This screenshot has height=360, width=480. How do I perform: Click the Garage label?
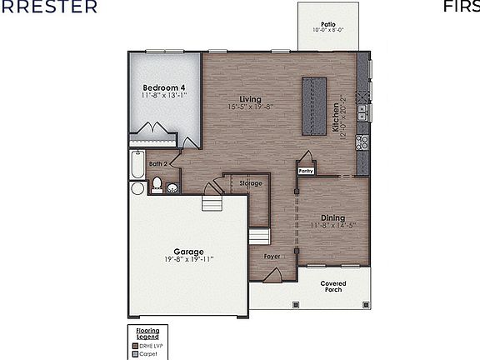click(188, 251)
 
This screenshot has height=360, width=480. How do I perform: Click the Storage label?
click(251, 182)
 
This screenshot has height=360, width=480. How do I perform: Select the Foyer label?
click(272, 257)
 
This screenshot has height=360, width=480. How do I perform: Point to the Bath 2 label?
click(158, 164)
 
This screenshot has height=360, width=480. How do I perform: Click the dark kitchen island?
click(315, 107)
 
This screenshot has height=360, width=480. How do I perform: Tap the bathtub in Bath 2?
click(137, 165)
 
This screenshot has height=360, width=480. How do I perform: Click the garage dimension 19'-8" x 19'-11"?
click(188, 259)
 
